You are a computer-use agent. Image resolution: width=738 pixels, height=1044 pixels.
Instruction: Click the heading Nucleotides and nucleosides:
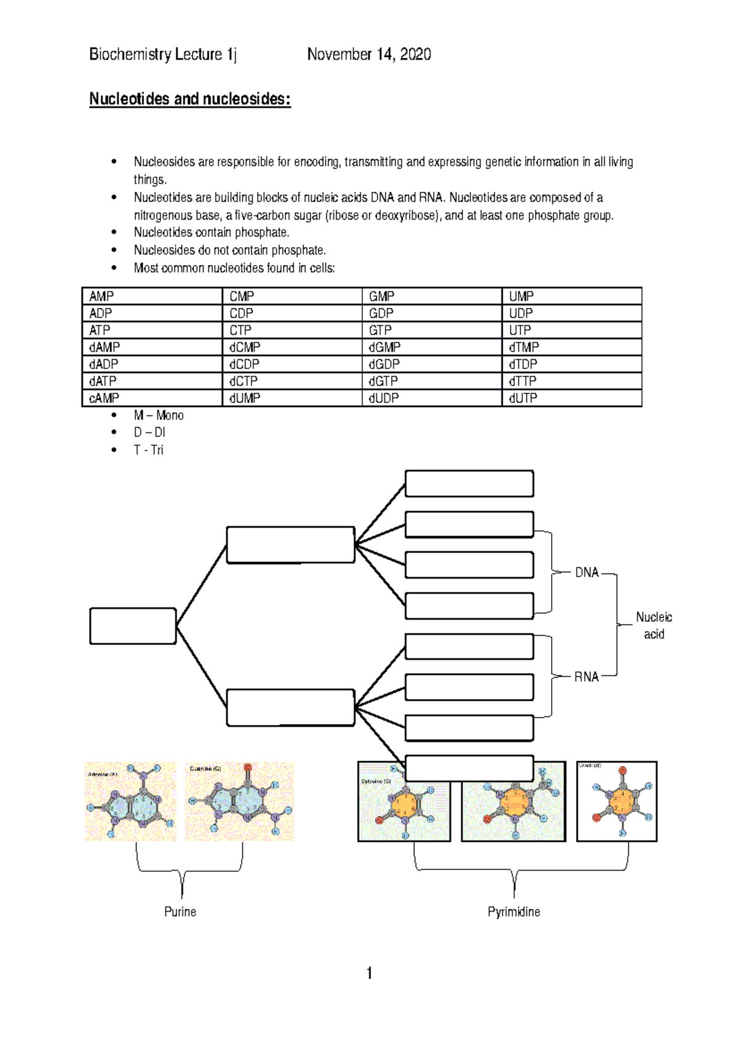[x=189, y=99]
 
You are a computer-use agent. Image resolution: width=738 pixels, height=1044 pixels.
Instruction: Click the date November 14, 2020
[x=368, y=55]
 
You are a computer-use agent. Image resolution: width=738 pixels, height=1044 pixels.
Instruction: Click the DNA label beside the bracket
[x=586, y=572]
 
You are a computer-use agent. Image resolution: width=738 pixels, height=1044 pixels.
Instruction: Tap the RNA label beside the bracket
[x=586, y=677]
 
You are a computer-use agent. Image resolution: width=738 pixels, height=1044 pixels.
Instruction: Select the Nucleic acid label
[x=653, y=625]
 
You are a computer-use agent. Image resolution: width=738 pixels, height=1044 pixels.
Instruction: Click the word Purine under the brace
[x=180, y=912]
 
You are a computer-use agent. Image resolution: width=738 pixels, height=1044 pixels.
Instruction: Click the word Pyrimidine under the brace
[x=514, y=912]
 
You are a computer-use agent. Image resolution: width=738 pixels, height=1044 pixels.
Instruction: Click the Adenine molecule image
[x=130, y=802]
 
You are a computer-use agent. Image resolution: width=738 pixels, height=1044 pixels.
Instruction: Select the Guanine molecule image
[x=239, y=802]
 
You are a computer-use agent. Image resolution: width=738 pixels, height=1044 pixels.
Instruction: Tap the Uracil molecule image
[x=616, y=802]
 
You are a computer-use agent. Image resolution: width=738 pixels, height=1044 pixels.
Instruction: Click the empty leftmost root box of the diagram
[x=133, y=626]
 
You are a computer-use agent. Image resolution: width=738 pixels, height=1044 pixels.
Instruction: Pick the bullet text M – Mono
[x=159, y=416]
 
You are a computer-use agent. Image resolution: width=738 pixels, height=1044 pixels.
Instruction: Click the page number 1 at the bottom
[x=369, y=973]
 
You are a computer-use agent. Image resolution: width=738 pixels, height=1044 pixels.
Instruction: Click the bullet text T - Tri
[x=148, y=450]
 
